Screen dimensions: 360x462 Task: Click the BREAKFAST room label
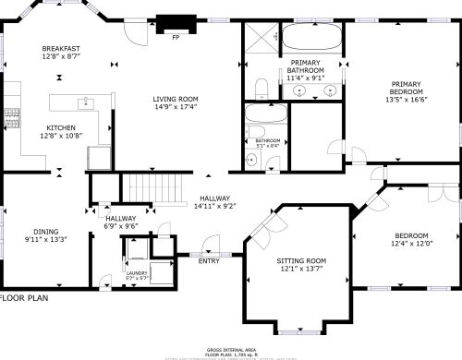pyautogui.click(x=61, y=48)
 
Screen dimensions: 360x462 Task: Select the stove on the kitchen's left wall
pyautogui.click(x=12, y=117)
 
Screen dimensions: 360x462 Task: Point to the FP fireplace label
pyautogui.click(x=176, y=38)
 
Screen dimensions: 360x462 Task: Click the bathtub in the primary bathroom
pyautogui.click(x=311, y=38)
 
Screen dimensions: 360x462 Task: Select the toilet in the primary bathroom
pyautogui.click(x=261, y=89)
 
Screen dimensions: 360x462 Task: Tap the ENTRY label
pyautogui.click(x=210, y=261)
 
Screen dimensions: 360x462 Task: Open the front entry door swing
pyautogui.click(x=212, y=244)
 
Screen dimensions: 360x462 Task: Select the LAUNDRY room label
pyautogui.click(x=136, y=273)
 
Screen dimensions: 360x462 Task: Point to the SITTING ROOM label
pyautogui.click(x=302, y=261)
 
